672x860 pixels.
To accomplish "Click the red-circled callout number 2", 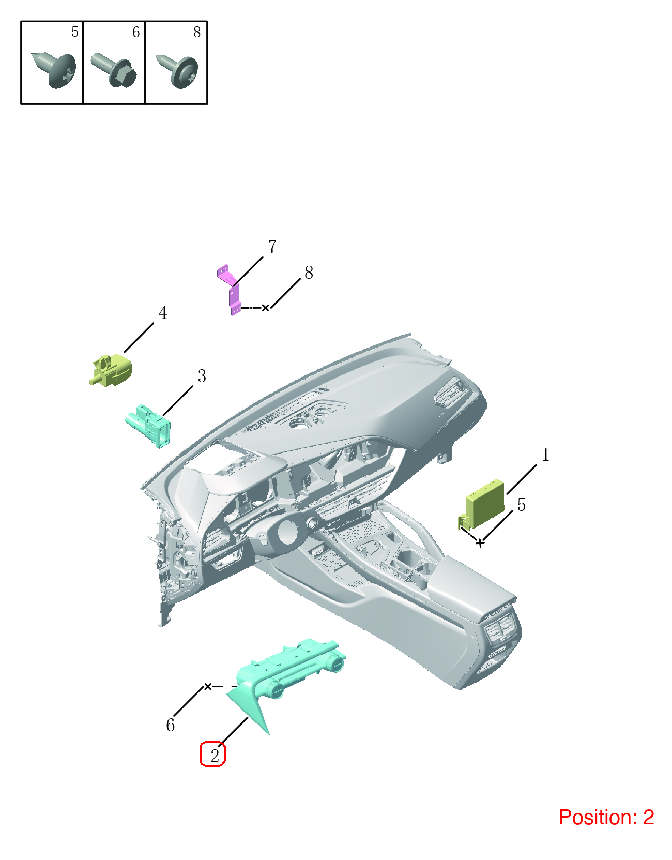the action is [214, 756].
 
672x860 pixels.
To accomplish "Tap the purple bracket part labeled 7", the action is [231, 289].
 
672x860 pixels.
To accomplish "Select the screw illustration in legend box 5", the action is [54, 70].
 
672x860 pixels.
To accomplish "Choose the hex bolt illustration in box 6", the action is [114, 70].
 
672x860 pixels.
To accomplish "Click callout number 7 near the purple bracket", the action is [272, 246].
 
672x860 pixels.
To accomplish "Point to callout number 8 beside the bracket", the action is [309, 273].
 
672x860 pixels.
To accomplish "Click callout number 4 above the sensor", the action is [162, 313].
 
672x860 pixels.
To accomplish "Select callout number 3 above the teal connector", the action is [202, 376].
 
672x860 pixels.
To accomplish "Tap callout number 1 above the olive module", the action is [546, 455].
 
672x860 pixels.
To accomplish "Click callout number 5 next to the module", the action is [521, 505].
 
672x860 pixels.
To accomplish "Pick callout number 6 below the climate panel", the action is [171, 725].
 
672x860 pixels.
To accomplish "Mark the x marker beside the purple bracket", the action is [266, 308].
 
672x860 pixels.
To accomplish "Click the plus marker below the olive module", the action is [480, 544].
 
